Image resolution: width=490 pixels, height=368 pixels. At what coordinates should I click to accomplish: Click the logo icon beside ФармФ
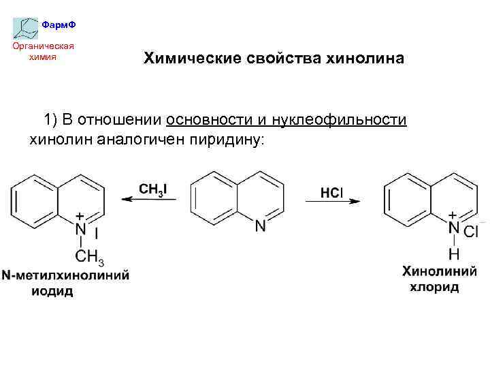(26, 27)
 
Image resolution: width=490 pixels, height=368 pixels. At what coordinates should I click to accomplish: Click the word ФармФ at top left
(59, 25)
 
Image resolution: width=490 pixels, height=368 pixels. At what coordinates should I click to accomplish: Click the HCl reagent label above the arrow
(331, 193)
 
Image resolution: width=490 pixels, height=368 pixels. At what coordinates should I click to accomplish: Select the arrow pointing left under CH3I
(149, 200)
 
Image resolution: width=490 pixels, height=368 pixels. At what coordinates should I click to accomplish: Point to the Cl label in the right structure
(471, 232)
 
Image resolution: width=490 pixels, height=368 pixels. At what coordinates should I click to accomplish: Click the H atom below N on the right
(454, 254)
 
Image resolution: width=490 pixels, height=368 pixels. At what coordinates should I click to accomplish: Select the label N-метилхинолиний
(65, 276)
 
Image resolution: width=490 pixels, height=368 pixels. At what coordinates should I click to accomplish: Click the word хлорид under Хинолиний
(434, 287)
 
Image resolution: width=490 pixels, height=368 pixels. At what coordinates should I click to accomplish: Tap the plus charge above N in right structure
(453, 216)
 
